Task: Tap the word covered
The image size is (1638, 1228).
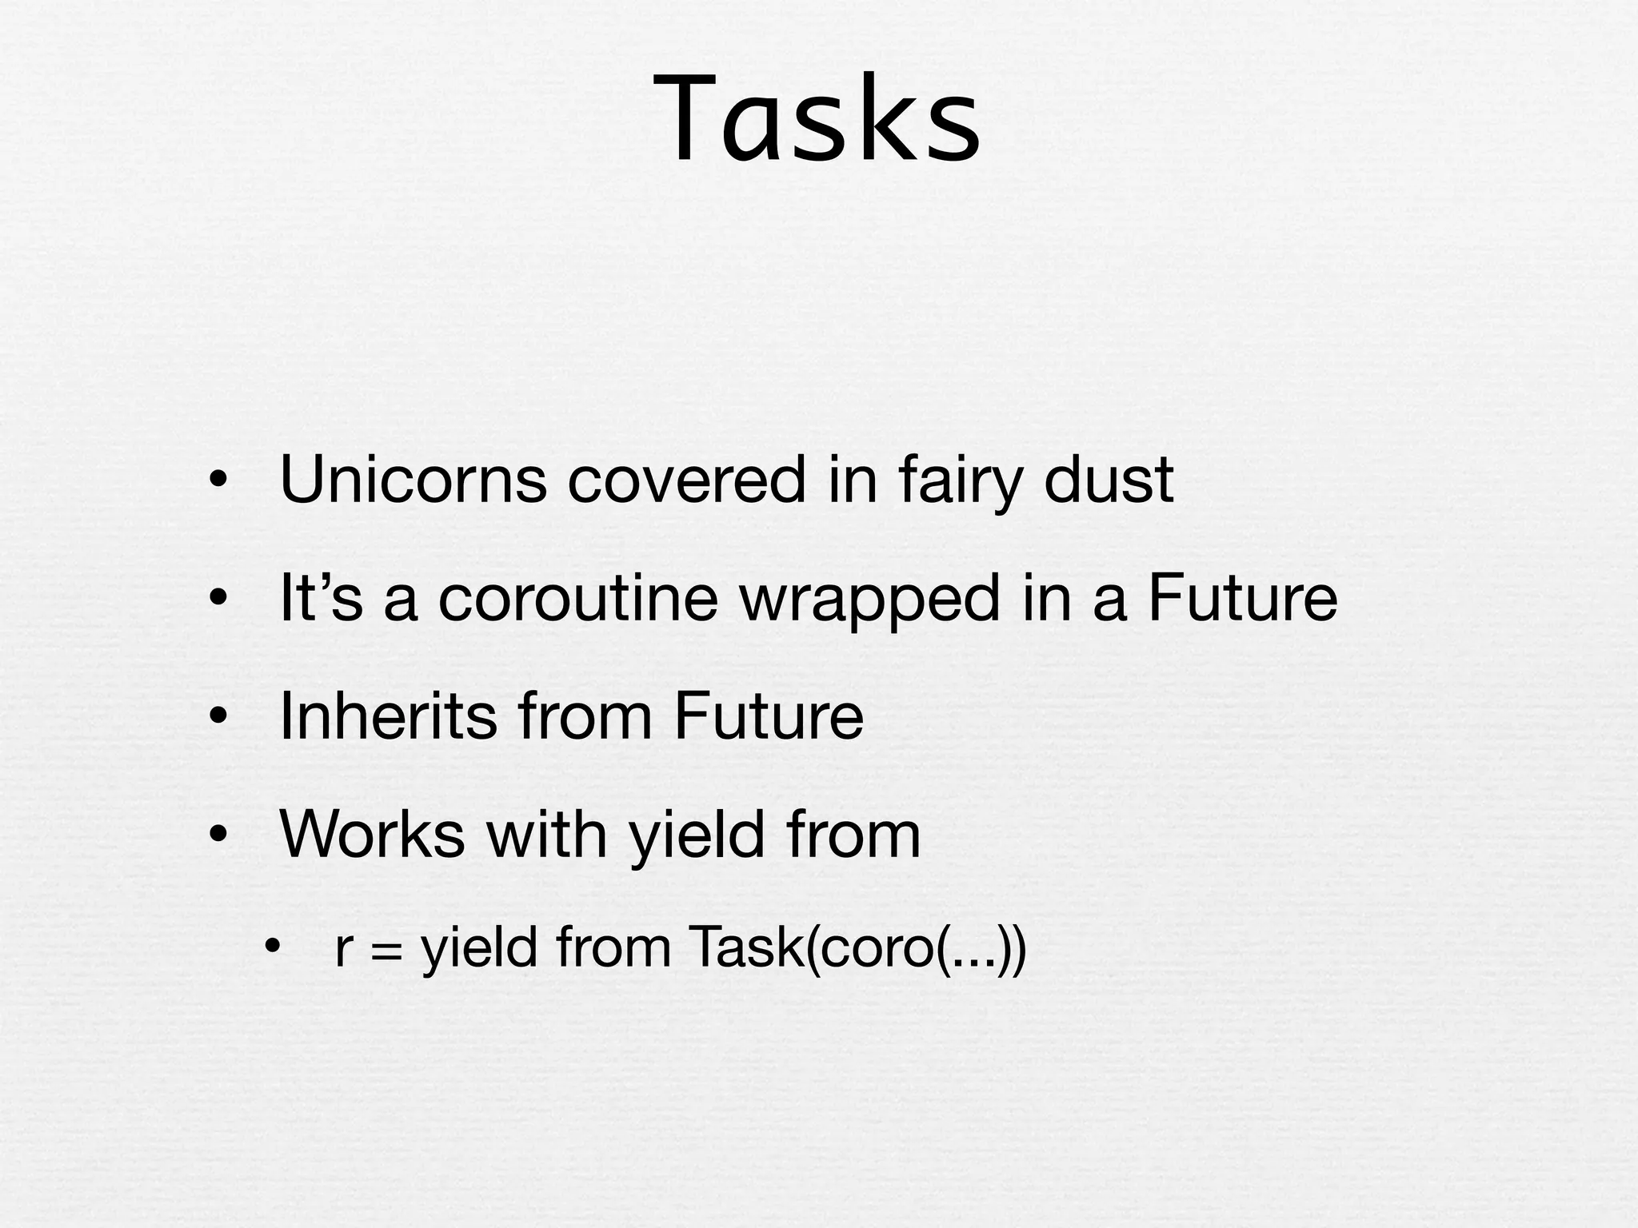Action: pyautogui.click(x=687, y=480)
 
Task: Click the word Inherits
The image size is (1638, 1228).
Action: pyautogui.click(x=389, y=716)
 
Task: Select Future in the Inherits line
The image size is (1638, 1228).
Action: pyautogui.click(x=769, y=716)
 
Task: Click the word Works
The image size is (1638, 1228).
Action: pyautogui.click(x=373, y=835)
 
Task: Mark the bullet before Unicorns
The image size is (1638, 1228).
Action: pyautogui.click(x=218, y=481)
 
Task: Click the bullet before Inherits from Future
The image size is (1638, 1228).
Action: pyautogui.click(x=218, y=718)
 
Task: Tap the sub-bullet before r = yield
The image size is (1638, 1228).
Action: pyautogui.click(x=273, y=948)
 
